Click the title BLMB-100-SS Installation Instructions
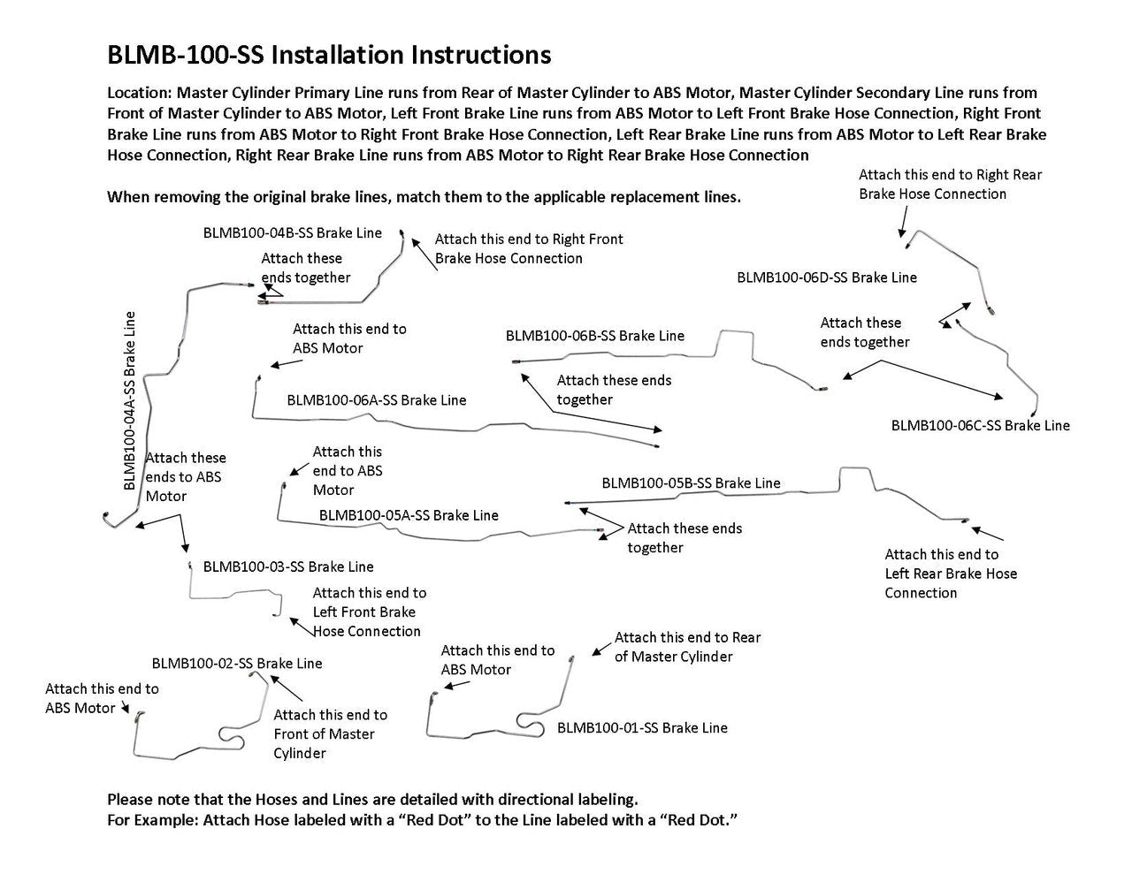328,55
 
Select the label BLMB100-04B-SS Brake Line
293,233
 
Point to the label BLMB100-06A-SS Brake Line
376,400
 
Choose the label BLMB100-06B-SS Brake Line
594,336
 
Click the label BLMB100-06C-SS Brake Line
980,425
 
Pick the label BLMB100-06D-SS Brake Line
827,277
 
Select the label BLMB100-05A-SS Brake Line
409,515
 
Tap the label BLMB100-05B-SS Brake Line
691,483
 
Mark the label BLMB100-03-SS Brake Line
288,566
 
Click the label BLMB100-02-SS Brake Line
237,664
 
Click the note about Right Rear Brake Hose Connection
949,185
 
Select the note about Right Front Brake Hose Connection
528,248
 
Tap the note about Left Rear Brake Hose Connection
950,574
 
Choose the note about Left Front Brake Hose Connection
368,612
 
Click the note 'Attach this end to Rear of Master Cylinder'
687,647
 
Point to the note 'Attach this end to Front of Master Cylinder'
329,734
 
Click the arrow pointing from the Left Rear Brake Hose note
989,533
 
